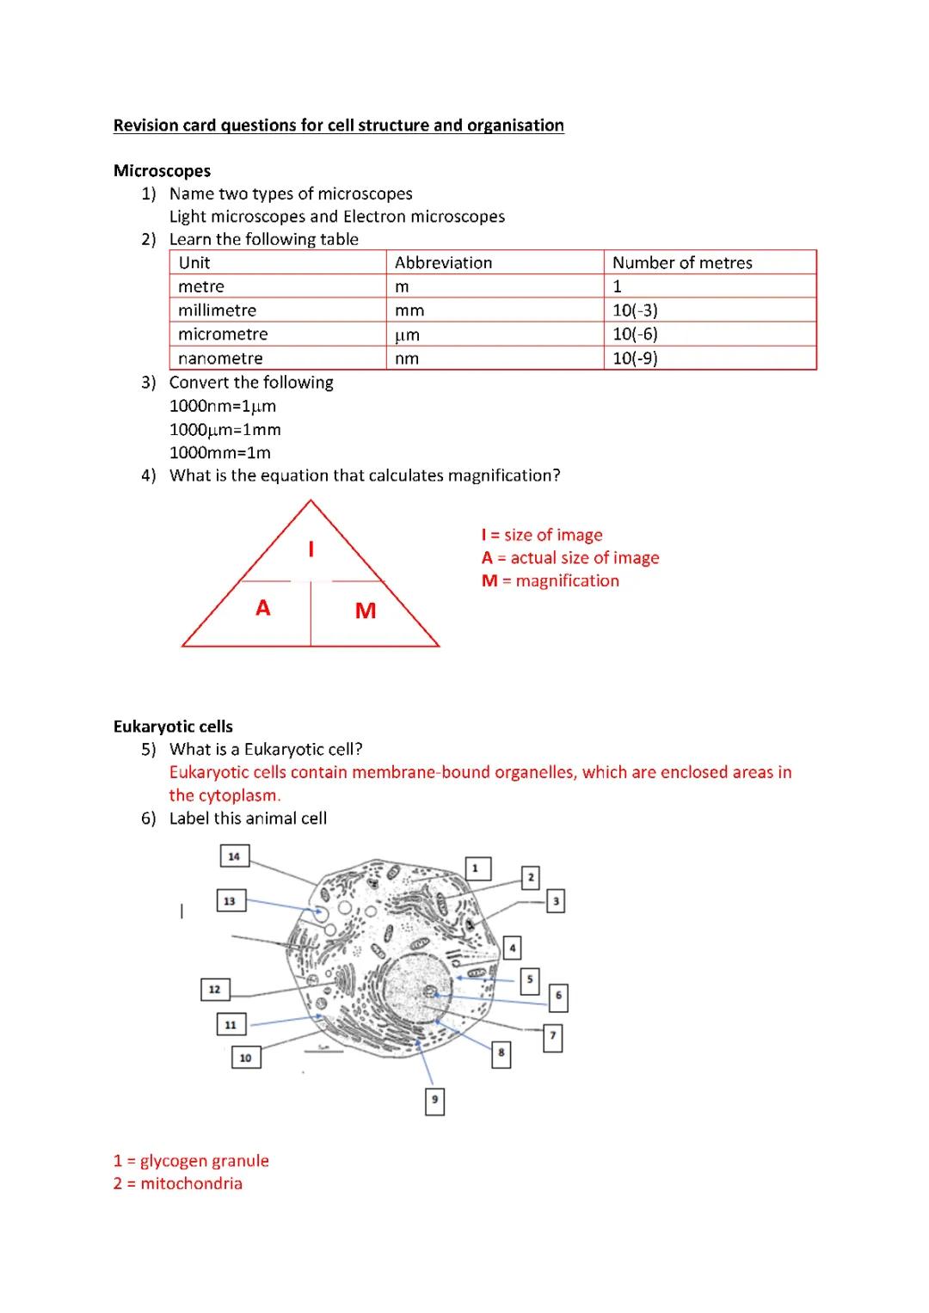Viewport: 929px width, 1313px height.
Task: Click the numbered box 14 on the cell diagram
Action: coord(234,856)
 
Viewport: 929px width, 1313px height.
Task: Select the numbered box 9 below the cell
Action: coord(435,1101)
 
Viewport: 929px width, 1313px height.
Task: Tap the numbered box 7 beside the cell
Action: coord(553,1038)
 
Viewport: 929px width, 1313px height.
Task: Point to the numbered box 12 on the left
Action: coord(214,989)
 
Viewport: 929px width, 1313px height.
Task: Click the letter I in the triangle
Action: coord(311,549)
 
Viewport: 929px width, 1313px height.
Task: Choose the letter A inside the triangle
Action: coord(263,608)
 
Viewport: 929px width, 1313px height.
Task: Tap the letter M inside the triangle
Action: coord(366,610)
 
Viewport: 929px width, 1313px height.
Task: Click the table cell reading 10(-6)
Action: coord(635,334)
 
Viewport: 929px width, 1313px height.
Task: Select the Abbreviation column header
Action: coord(443,262)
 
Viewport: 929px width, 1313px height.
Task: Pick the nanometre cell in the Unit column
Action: coord(220,358)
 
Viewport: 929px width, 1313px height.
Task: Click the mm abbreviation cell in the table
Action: coord(409,310)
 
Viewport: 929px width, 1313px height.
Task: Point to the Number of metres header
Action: coord(682,262)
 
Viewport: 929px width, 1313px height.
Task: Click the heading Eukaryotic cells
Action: coord(173,727)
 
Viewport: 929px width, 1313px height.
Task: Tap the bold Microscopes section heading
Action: coord(162,170)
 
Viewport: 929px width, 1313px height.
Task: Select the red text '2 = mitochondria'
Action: coord(178,1183)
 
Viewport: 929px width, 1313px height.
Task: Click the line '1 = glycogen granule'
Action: coord(191,1161)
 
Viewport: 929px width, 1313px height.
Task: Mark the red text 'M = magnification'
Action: coord(551,580)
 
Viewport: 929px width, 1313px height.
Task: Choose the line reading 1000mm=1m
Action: coord(220,452)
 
